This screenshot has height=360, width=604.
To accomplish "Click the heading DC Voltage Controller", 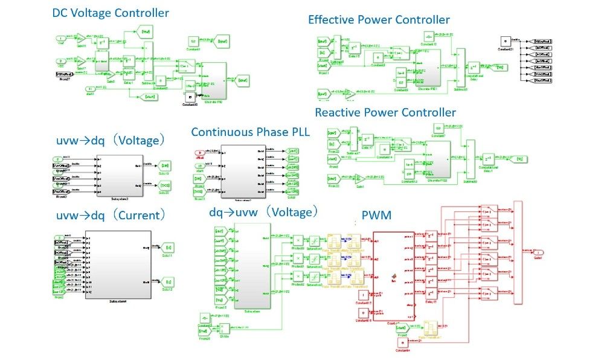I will coord(111,13).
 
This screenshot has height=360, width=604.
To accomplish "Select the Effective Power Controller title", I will coord(379,20).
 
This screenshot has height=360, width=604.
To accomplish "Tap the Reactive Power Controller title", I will coord(385,112).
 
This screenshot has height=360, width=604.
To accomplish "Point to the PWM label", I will coord(376,215).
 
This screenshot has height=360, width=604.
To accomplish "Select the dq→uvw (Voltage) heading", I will coord(263,212).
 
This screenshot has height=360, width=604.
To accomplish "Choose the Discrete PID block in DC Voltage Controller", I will coord(210,81).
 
